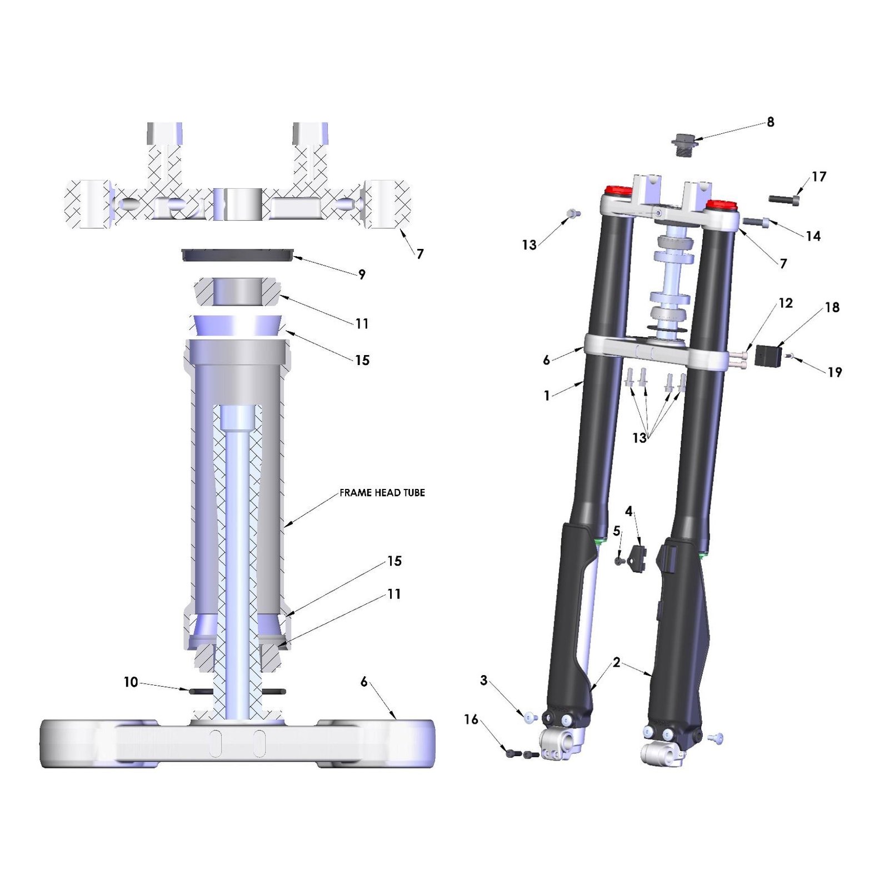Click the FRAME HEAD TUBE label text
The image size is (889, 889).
click(x=382, y=493)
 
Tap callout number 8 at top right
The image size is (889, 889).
click(x=771, y=122)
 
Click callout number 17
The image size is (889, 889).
click(x=819, y=177)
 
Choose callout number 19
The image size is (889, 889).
click(x=835, y=372)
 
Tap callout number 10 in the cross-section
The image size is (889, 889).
click(x=131, y=682)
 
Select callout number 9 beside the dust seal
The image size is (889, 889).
click(x=362, y=274)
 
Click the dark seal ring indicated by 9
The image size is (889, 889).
click(x=237, y=255)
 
